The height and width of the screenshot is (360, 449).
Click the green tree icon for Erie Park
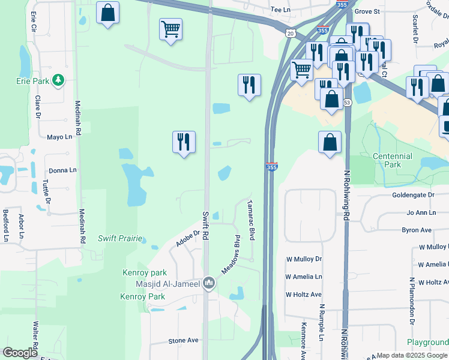click(58, 80)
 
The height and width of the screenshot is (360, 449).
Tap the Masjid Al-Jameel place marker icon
click(209, 282)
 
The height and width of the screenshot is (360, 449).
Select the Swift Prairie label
click(120, 238)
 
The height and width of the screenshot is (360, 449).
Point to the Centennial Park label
click(393, 160)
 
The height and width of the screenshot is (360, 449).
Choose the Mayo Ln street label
click(59, 137)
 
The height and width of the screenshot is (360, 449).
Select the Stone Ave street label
click(183, 340)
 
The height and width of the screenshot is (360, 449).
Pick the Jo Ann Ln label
click(421, 212)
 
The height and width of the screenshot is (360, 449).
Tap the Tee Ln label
click(280, 10)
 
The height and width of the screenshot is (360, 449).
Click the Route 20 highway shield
click(291, 34)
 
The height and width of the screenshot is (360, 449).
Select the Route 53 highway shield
click(347, 103)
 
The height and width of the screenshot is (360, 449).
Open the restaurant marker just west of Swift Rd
click(184, 142)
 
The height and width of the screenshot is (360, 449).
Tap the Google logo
click(19, 353)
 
